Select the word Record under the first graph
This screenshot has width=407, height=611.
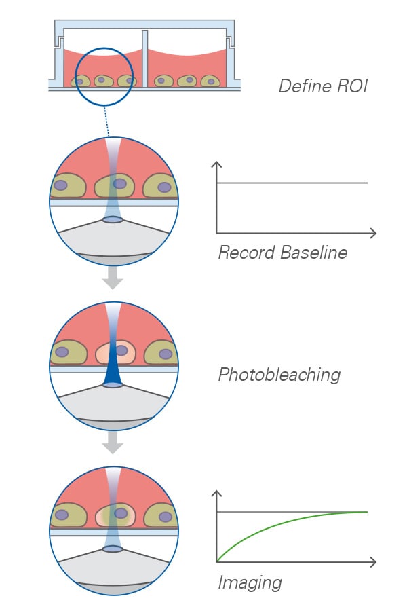click(247, 253)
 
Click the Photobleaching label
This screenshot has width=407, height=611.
click(279, 375)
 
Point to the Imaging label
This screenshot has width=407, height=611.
click(250, 583)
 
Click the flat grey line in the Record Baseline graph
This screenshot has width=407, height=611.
click(292, 183)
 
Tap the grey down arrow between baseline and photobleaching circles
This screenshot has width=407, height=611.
click(113, 280)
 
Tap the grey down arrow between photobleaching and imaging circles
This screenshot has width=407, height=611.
click(113, 444)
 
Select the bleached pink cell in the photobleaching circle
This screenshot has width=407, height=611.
click(115, 352)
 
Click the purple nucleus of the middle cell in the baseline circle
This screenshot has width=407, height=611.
click(119, 183)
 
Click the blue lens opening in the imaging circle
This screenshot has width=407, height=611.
click(113, 549)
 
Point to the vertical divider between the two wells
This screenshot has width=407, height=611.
click(145, 58)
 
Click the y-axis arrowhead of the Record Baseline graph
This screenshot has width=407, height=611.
click(216, 164)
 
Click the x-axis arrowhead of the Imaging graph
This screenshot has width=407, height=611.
click(372, 562)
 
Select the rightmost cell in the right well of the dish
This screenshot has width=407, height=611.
click(210, 81)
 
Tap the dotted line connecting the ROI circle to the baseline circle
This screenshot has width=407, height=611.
click(106, 122)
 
